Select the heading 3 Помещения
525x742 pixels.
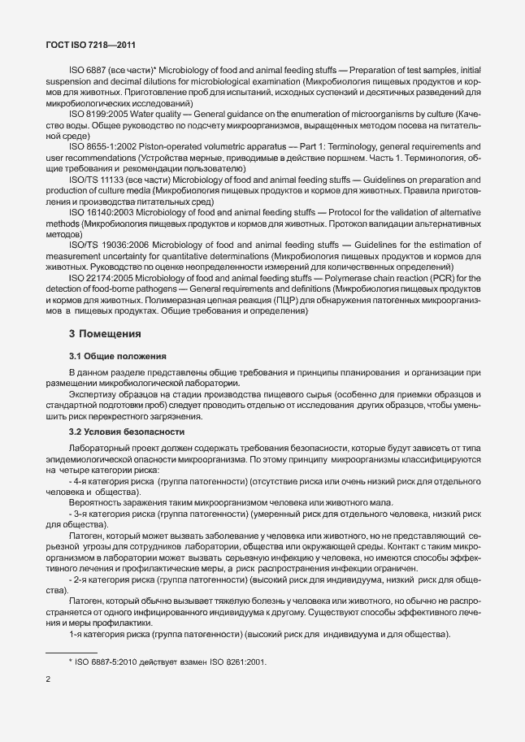[x=105, y=333]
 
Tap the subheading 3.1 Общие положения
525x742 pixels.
[x=118, y=356]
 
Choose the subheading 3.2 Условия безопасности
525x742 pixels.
[x=126, y=432]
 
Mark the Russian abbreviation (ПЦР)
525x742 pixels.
[x=287, y=299]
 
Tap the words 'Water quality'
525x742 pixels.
[x=175, y=113]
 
